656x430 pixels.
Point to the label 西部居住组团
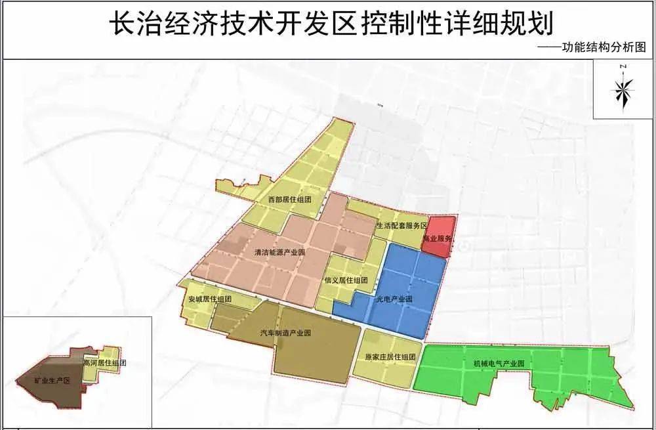[x=289, y=199]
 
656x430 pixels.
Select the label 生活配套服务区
[x=401, y=226]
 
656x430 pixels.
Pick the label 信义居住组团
[x=346, y=280]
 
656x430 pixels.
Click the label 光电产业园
[x=394, y=299]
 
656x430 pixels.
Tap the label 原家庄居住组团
[x=390, y=357]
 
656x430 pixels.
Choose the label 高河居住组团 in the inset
[x=104, y=362]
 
